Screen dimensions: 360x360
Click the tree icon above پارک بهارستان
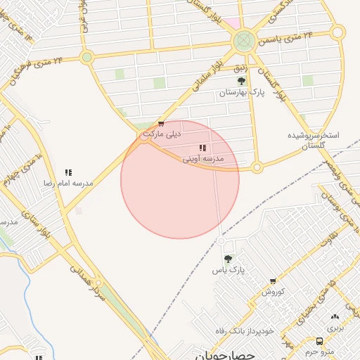pyautogui.click(x=242, y=82)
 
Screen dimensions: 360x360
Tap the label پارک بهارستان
pyautogui.click(x=242, y=93)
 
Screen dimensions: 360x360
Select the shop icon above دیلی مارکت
pyautogui.click(x=161, y=124)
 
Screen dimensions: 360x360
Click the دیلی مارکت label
pyautogui.click(x=162, y=133)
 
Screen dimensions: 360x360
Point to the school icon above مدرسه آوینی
pyautogui.click(x=202, y=148)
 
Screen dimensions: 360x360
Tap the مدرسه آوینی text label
pyautogui.click(x=203, y=159)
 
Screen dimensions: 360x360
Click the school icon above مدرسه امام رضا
pyautogui.click(x=69, y=172)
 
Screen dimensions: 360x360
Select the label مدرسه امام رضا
pyautogui.click(x=68, y=183)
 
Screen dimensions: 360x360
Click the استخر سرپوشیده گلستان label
pyautogui.click(x=314, y=139)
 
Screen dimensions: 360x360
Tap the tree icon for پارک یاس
pyautogui.click(x=227, y=259)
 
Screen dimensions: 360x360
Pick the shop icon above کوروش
pyautogui.click(x=273, y=281)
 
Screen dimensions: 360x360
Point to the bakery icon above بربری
pyautogui.click(x=335, y=317)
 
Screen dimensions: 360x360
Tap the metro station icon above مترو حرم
pyautogui.click(x=321, y=341)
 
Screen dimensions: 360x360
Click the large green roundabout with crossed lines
pyautogui.click(x=244, y=41)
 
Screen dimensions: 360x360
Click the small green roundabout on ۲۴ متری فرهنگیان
pyautogui.click(x=86, y=57)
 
